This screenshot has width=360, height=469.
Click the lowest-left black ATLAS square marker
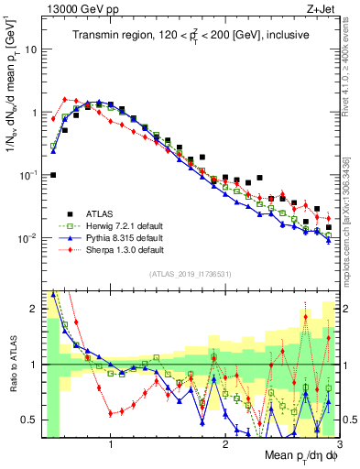[53, 175]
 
